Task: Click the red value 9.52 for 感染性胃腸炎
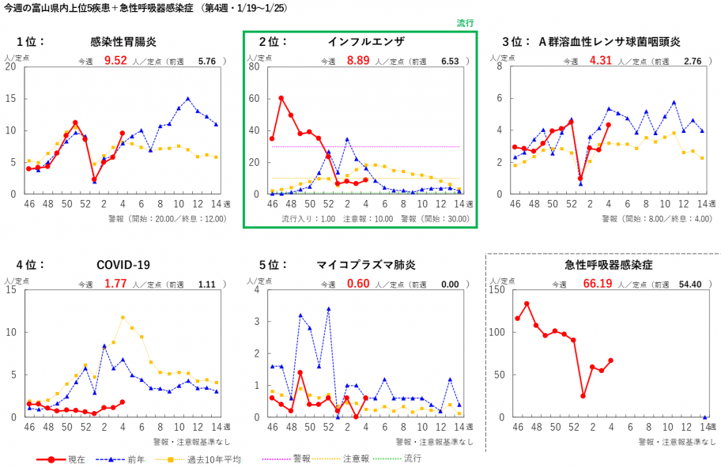pyautogui.click(x=115, y=60)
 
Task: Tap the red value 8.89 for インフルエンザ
pyautogui.click(x=358, y=60)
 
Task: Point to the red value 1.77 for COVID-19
pyautogui.click(x=115, y=283)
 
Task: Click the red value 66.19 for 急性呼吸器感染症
pyautogui.click(x=598, y=283)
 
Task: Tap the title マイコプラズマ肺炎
pyautogui.click(x=360, y=265)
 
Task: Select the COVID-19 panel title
pyautogui.click(x=123, y=265)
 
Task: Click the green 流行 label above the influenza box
pyautogui.click(x=466, y=24)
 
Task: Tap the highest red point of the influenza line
pyautogui.click(x=281, y=98)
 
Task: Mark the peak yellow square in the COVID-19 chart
pyautogui.click(x=123, y=318)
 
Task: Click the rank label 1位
pyautogui.click(x=31, y=41)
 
